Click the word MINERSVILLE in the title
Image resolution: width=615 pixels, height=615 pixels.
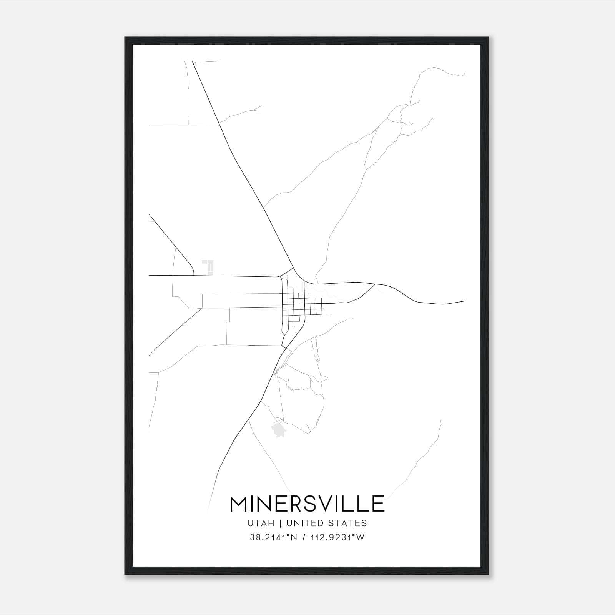(x=307, y=504)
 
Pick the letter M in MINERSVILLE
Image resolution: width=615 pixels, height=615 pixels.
(x=239, y=504)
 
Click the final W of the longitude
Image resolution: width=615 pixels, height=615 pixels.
(x=361, y=538)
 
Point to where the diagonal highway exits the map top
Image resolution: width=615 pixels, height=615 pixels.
(x=192, y=61)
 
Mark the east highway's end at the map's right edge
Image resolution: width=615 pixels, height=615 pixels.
(x=464, y=301)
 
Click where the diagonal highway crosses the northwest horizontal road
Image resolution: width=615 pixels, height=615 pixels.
(x=219, y=125)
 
